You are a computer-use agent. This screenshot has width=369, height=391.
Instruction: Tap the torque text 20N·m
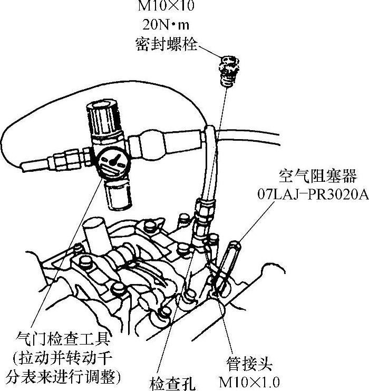pos(165,25)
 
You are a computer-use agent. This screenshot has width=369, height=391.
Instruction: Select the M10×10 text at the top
pos(165,7)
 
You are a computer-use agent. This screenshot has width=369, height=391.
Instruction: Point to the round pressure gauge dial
pos(112,161)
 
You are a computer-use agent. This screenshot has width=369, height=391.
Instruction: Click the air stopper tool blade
pos(230,263)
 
